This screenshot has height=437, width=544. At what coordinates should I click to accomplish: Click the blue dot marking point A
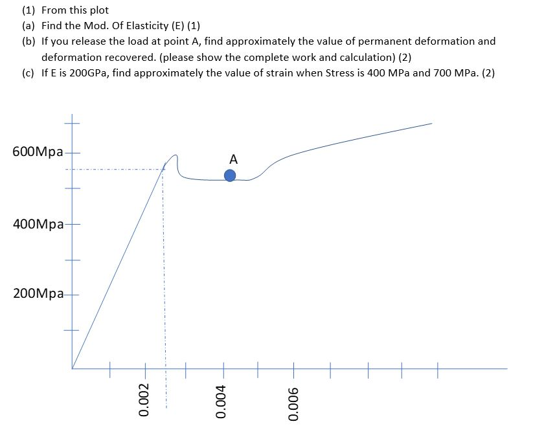pos(230,175)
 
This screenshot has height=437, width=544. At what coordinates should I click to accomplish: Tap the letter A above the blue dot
pos(233,159)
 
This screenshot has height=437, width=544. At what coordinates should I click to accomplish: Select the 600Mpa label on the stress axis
pos(38,152)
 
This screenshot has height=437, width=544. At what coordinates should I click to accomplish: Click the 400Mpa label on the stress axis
pos(38,225)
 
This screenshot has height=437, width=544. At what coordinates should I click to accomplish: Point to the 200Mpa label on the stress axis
pos(38,294)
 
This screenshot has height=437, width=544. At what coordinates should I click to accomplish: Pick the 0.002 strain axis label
pos(145,402)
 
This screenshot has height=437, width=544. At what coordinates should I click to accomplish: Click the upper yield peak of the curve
pos(174,155)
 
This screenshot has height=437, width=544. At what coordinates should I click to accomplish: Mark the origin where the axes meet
pos(72,368)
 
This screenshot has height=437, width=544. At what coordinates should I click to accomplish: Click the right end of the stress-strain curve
pos(431,123)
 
